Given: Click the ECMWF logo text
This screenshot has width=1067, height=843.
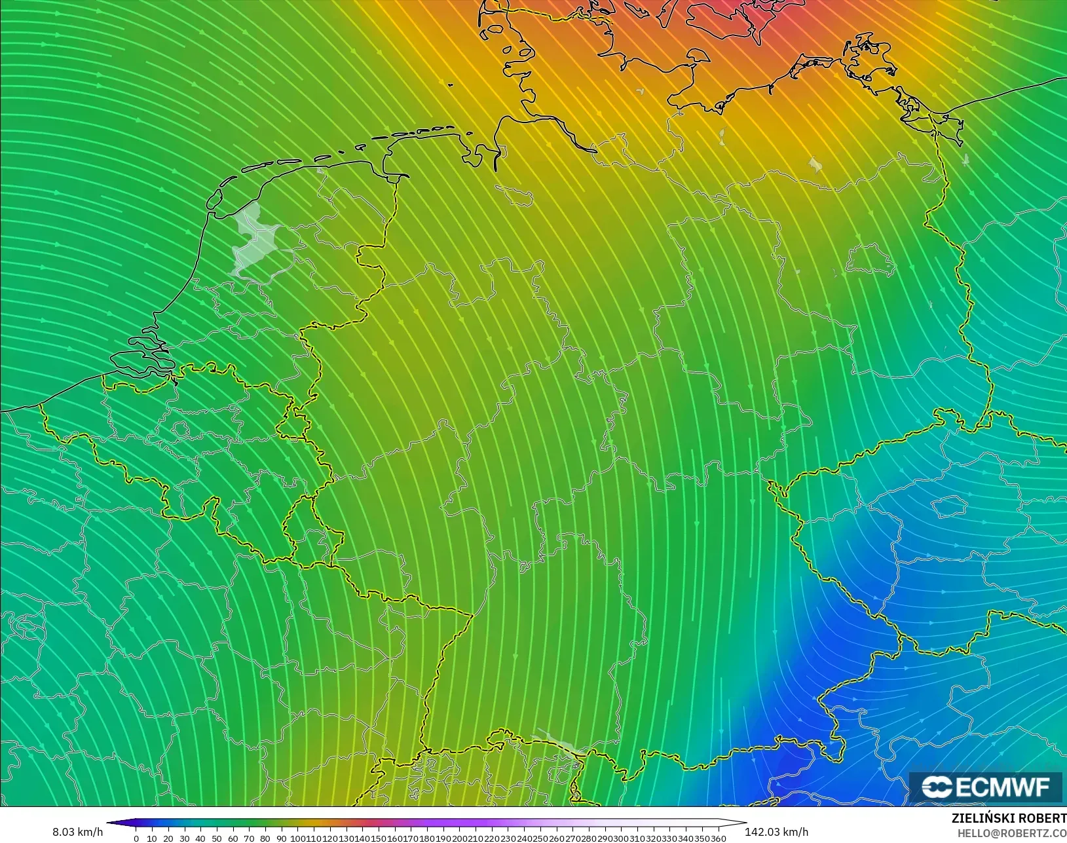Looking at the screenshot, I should click(1002, 787).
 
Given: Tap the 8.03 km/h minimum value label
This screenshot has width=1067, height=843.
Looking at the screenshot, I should click(77, 832).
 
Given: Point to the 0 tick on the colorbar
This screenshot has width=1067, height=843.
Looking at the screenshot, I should click(136, 838).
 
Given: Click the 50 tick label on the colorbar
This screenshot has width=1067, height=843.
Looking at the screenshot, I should click(217, 838).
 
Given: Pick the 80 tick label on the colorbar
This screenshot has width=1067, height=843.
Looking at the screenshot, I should click(265, 838).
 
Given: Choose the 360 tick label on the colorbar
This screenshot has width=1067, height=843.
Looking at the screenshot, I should click(719, 838).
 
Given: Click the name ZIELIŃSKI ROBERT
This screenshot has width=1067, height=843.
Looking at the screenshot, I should click(1009, 819).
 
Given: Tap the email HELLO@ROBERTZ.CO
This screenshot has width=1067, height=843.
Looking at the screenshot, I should click(1012, 833).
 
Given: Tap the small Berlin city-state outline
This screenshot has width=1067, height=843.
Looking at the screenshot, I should click(870, 260).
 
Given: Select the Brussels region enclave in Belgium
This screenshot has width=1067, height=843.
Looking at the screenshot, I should click(181, 430).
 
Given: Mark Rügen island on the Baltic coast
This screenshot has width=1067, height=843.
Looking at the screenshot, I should click(871, 56).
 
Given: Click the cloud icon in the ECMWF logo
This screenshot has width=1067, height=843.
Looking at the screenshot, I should click(937, 787).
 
